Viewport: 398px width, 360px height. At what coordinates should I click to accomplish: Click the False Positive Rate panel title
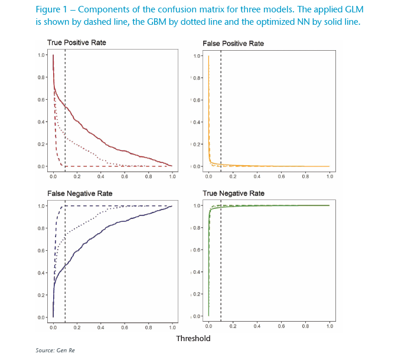pyautogui.click(x=233, y=44)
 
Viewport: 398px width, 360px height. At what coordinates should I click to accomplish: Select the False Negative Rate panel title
pyautogui.click(x=80, y=194)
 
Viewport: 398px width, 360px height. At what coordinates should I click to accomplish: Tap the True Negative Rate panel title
pyautogui.click(x=233, y=194)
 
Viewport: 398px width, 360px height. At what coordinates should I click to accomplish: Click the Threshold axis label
pyautogui.click(x=193, y=339)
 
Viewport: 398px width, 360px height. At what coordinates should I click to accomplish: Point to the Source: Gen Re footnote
pyautogui.click(x=55, y=351)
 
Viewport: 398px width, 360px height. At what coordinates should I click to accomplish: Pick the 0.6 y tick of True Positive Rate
pyautogui.click(x=42, y=99)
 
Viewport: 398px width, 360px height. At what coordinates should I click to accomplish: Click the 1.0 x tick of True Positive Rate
pyautogui.click(x=172, y=175)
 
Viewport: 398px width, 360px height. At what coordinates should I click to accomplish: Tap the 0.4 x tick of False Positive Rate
pyautogui.click(x=257, y=175)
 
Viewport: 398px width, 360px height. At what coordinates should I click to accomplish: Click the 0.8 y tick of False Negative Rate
pyautogui.click(x=42, y=228)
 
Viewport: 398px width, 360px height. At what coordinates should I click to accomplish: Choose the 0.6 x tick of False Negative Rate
pyautogui.click(x=125, y=326)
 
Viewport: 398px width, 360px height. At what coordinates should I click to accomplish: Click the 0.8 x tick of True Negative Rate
pyautogui.click(x=305, y=326)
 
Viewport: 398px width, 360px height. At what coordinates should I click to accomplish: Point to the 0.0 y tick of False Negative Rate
pyautogui.click(x=42, y=317)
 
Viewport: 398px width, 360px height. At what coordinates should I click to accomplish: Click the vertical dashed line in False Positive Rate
pyautogui.click(x=221, y=106)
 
